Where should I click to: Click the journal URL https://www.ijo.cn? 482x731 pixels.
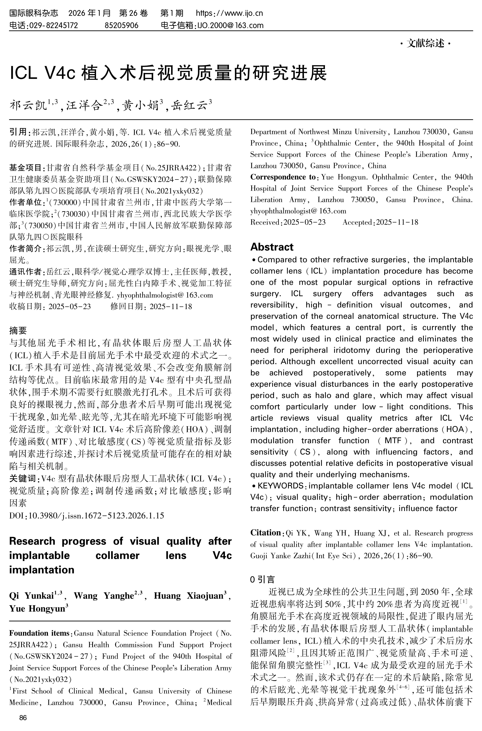(229, 13)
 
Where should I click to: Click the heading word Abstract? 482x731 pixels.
(272, 247)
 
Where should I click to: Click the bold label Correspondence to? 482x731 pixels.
(283, 177)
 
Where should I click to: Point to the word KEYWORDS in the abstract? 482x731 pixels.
(280, 486)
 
